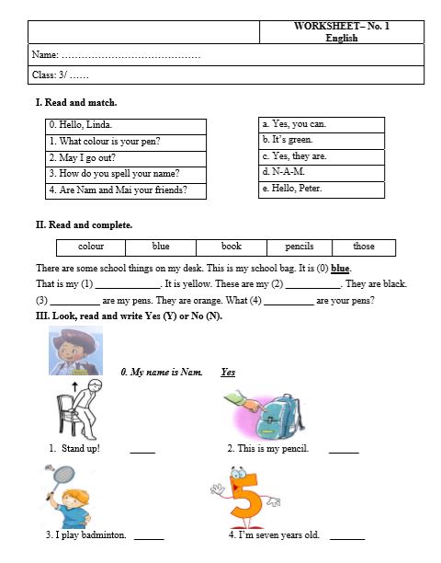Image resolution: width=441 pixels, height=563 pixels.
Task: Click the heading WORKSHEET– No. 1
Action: pyautogui.click(x=341, y=27)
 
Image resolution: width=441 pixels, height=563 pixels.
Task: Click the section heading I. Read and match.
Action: pyautogui.click(x=75, y=102)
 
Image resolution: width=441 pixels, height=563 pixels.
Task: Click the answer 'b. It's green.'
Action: pyautogui.click(x=288, y=140)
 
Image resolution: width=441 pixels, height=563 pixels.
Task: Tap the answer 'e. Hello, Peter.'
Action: pyautogui.click(x=292, y=189)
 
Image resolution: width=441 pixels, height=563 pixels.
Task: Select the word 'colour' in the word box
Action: pyautogui.click(x=91, y=247)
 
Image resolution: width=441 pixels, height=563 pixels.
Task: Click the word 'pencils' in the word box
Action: pyautogui.click(x=300, y=247)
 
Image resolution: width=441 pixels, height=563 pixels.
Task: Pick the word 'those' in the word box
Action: pyautogui.click(x=364, y=247)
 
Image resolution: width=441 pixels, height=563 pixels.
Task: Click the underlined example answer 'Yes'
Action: pyautogui.click(x=228, y=372)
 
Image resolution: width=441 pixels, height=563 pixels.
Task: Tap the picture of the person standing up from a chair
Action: pyautogui.click(x=79, y=410)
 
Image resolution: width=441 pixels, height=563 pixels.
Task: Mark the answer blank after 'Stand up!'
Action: pyautogui.click(x=142, y=450)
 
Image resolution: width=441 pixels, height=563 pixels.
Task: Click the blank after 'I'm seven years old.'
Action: pyautogui.click(x=346, y=536)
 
